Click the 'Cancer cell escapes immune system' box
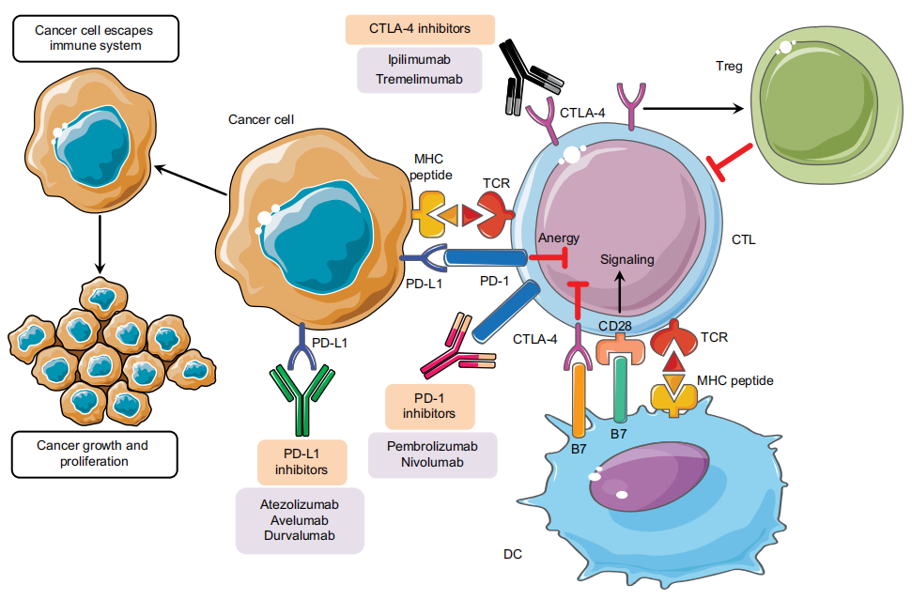pyautogui.click(x=96, y=38)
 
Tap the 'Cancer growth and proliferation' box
pyautogui.click(x=95, y=454)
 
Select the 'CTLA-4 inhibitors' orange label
pyautogui.click(x=420, y=29)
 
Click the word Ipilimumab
pyautogui.click(x=419, y=59)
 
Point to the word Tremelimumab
pyautogui.click(x=419, y=79)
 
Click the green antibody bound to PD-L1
pyautogui.click(x=302, y=400)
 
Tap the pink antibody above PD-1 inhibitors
pyautogui.click(x=458, y=346)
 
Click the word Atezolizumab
pyautogui.click(x=300, y=504)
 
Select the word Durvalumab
pyautogui.click(x=300, y=535)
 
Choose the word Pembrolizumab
pyautogui.click(x=432, y=447)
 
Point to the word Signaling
pyautogui.click(x=627, y=259)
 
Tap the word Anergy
pyautogui.click(x=558, y=238)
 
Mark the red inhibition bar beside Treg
pyautogui.click(x=729, y=162)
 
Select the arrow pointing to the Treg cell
pyautogui.click(x=694, y=108)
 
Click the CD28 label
pyautogui.click(x=615, y=326)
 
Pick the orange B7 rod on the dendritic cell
pyautogui.click(x=579, y=401)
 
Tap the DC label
pyautogui.click(x=513, y=554)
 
